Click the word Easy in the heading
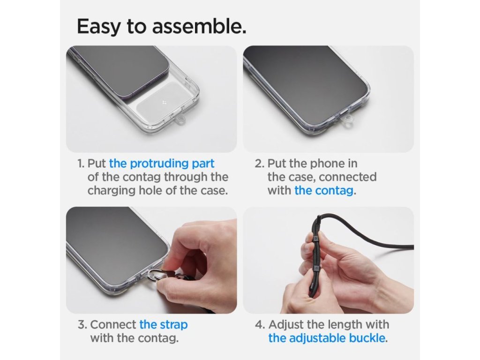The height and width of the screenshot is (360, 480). pos(98,26)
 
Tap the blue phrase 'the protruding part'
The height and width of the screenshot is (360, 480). pos(162,164)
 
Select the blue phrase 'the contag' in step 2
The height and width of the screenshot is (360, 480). pos(324,190)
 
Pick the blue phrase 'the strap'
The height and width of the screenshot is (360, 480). pos(164,325)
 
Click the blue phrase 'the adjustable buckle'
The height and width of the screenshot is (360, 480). pos(327,338)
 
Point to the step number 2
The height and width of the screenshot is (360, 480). pos(259,164)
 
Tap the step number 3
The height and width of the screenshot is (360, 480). pos(82,325)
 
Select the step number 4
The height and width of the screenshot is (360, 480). pos(260,324)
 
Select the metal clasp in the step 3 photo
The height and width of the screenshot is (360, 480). pos(153,276)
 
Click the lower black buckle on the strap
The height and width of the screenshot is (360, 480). pos(315,269)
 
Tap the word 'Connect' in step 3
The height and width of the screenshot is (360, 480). pos(113,325)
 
